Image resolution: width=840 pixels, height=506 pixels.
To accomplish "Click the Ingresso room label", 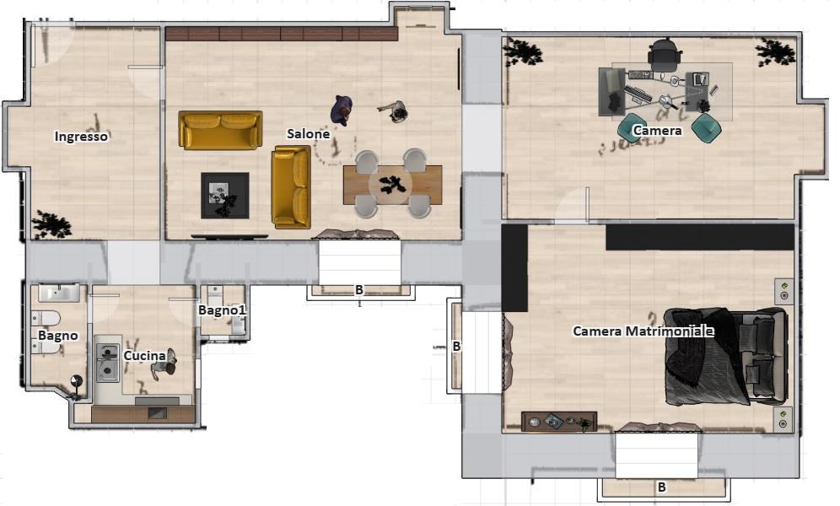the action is tap(81, 137).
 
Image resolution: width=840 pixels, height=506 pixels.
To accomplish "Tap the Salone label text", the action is tap(308, 134).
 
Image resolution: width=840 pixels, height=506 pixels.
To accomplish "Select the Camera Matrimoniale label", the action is tap(643, 331).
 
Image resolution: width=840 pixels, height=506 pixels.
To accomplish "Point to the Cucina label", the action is tap(145, 356).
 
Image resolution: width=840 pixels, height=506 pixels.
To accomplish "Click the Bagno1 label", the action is tap(222, 310).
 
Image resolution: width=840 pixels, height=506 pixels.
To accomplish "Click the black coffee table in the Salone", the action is tap(225, 195).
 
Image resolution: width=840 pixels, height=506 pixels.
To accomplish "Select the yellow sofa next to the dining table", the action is tap(291, 187).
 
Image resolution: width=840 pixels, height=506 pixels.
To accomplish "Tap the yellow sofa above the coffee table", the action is tap(220, 130).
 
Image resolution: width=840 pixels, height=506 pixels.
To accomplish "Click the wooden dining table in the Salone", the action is tap(393, 185).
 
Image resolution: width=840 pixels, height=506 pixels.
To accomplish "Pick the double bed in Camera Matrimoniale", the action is tap(726, 357).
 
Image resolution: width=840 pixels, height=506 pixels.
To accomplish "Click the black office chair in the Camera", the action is tap(665, 54).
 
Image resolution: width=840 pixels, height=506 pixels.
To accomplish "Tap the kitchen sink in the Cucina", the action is tap(108, 363).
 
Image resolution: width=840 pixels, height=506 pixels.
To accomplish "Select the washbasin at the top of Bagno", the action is tap(58, 293).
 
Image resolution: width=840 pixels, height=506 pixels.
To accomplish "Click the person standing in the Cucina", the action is tap(164, 363).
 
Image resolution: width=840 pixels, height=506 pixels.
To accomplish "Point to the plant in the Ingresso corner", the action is tap(51, 224).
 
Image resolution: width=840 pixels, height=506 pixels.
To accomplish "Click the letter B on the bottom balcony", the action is tap(661, 487).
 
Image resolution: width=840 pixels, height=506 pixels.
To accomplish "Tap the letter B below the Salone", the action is tap(359, 289).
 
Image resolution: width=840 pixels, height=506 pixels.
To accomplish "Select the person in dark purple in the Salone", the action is tap(342, 110).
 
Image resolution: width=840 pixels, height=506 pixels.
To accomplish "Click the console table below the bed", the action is tap(559, 422).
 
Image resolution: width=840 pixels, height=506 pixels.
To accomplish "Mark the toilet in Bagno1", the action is tap(215, 295).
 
